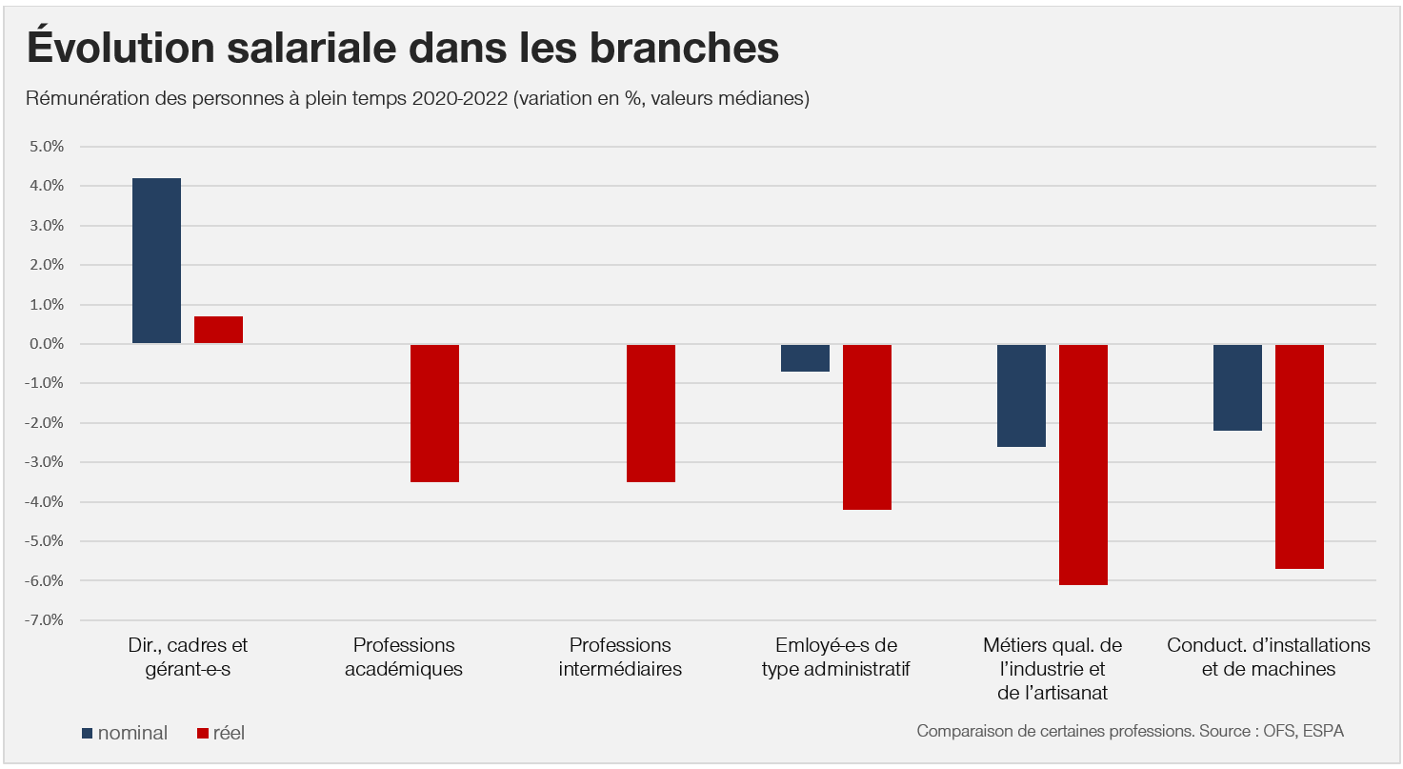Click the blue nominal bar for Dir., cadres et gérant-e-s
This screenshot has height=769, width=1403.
pyautogui.click(x=156, y=260)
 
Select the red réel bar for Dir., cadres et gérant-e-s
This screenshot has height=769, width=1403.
pyautogui.click(x=218, y=330)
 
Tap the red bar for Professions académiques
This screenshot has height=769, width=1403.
pyautogui.click(x=434, y=413)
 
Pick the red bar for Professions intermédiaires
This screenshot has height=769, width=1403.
pyautogui.click(x=651, y=413)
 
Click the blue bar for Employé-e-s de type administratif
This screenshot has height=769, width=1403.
pyautogui.click(x=805, y=358)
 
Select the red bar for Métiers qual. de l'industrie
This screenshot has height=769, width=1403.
pyautogui.click(x=1083, y=464)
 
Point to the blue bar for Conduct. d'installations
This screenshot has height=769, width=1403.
pyautogui.click(x=1237, y=387)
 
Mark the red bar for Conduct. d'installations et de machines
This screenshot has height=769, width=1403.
pyautogui.click(x=1299, y=456)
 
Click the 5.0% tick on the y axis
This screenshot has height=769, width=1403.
pyautogui.click(x=47, y=147)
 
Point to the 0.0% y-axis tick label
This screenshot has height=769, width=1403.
pyautogui.click(x=47, y=344)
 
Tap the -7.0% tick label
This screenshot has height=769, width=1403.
pyautogui.click(x=45, y=620)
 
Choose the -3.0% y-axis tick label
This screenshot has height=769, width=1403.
pyautogui.click(x=45, y=462)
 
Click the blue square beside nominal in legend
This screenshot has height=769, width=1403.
pyautogui.click(x=88, y=733)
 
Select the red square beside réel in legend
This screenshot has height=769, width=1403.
pyautogui.click(x=202, y=733)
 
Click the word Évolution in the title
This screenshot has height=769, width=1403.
pyautogui.click(x=122, y=48)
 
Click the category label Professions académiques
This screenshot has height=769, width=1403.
pyautogui.click(x=404, y=657)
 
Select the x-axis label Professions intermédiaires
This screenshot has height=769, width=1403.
pyautogui.click(x=620, y=657)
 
